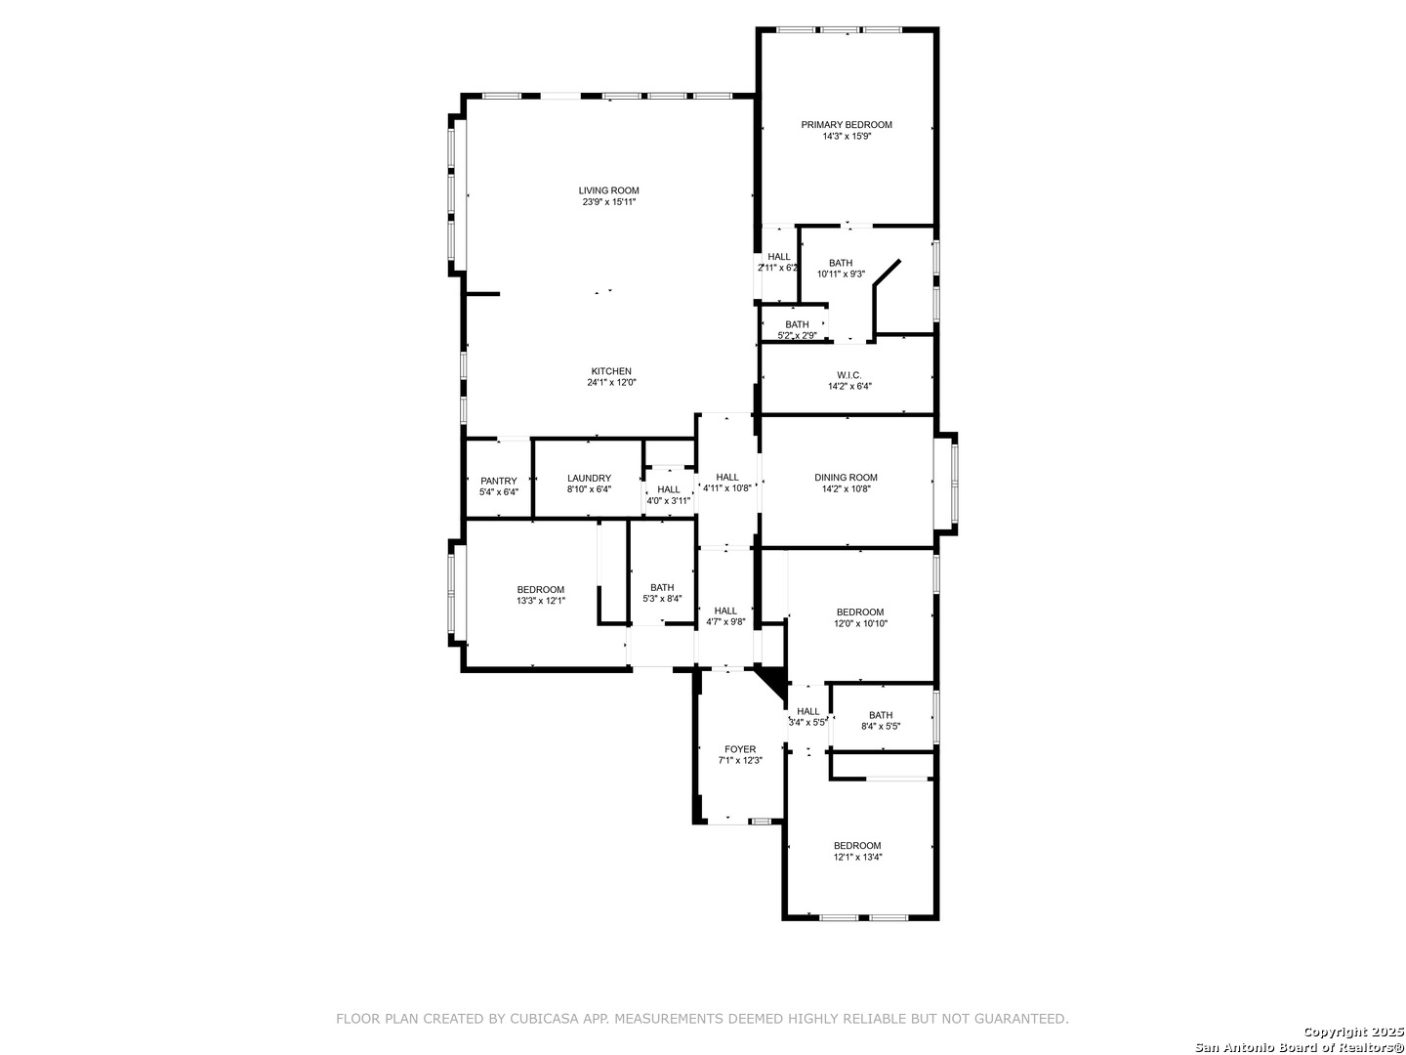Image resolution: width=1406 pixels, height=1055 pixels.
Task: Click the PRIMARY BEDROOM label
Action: pyautogui.click(x=847, y=125)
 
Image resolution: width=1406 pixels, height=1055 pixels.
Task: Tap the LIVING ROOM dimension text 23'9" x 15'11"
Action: pyautogui.click(x=608, y=202)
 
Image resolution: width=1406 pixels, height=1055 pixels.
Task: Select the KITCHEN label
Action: pyautogui.click(x=611, y=371)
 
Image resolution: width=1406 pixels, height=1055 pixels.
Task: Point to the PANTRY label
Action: pyautogui.click(x=498, y=481)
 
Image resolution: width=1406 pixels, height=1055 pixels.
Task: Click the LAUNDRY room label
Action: pyautogui.click(x=590, y=478)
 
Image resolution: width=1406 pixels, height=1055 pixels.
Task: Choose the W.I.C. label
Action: pyautogui.click(x=848, y=375)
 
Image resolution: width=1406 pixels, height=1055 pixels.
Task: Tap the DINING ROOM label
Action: pyautogui.click(x=846, y=478)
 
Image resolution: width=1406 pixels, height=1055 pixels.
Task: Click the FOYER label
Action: pyautogui.click(x=740, y=749)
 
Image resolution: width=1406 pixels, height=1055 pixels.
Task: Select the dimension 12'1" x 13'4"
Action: pyautogui.click(x=857, y=857)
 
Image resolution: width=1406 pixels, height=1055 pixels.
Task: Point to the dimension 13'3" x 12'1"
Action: pyautogui.click(x=541, y=601)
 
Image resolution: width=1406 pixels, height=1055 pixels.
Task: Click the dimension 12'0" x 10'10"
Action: pyautogui.click(x=860, y=623)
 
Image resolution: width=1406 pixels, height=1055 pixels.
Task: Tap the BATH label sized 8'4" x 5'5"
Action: pyautogui.click(x=881, y=715)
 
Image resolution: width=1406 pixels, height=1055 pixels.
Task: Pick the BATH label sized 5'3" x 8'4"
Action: pyautogui.click(x=662, y=587)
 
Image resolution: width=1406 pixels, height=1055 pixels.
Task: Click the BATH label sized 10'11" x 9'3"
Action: pyautogui.click(x=841, y=263)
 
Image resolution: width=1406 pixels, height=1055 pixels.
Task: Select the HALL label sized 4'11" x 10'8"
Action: pyautogui.click(x=727, y=478)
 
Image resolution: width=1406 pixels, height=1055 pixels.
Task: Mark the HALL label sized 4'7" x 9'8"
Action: pyautogui.click(x=725, y=611)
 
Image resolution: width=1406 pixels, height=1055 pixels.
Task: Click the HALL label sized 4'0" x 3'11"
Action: pyautogui.click(x=668, y=489)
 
